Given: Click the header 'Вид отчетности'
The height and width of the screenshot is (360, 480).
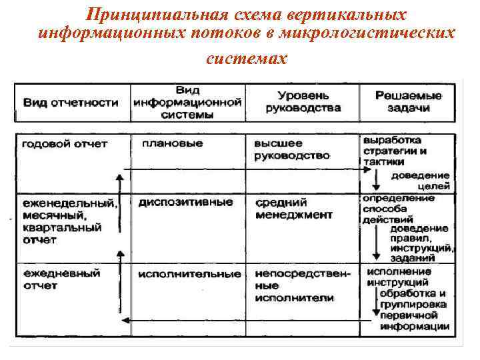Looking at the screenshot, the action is (x=71, y=103).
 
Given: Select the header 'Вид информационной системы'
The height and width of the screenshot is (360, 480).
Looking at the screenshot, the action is (x=187, y=102).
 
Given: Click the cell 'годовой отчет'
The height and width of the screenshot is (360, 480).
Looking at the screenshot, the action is (x=65, y=144).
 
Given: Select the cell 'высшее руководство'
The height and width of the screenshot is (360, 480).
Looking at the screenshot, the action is (x=292, y=150).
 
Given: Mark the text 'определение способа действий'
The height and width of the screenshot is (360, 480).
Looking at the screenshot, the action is (x=397, y=208).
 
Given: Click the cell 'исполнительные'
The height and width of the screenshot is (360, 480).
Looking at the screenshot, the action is (x=190, y=274).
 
